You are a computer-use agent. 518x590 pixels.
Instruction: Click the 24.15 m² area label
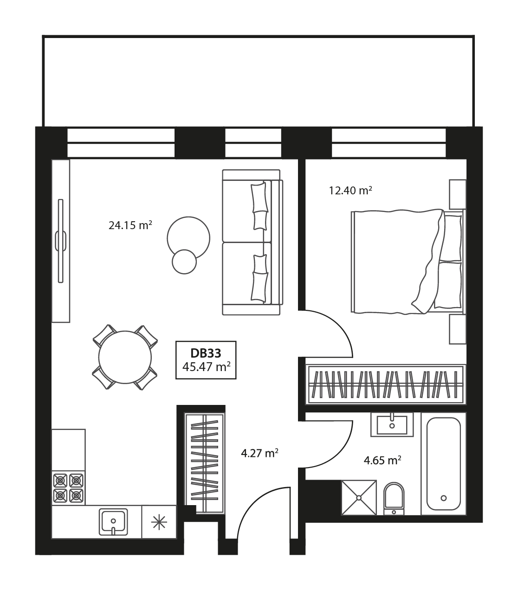[x=130, y=225]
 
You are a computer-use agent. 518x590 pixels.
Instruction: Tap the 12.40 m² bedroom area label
[x=350, y=191]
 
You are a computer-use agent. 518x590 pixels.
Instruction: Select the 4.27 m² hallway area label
[x=259, y=453]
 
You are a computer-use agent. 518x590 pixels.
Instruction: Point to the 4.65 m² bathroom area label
[x=382, y=460]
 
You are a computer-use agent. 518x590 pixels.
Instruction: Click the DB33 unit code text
[x=206, y=353]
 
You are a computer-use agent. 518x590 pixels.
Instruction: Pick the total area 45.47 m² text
[x=207, y=367]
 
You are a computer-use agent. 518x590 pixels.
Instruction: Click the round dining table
[x=125, y=357]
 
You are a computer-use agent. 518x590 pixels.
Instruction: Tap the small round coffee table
[x=184, y=262]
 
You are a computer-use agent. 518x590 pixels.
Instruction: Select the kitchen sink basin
[x=113, y=522]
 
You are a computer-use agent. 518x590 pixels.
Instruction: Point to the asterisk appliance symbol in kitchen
[x=159, y=522]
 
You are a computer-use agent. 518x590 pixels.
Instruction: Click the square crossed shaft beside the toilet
[x=359, y=498]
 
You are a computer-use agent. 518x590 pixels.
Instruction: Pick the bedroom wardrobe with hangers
[x=386, y=385]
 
